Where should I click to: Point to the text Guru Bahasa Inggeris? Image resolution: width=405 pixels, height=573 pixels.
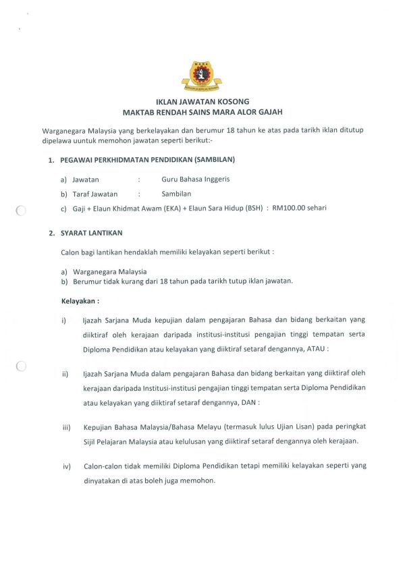pos(196,180)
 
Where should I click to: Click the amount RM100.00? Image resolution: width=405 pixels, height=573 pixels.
pos(291,208)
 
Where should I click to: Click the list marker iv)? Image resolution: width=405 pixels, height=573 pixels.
pos(67,466)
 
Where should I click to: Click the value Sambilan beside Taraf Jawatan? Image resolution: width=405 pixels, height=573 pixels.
pos(178,194)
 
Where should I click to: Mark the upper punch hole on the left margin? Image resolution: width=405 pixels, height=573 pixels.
pos(20,210)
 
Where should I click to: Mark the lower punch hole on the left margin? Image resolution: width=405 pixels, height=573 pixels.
pos(20,366)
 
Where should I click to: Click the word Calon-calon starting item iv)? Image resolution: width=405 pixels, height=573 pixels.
pos(105,466)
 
